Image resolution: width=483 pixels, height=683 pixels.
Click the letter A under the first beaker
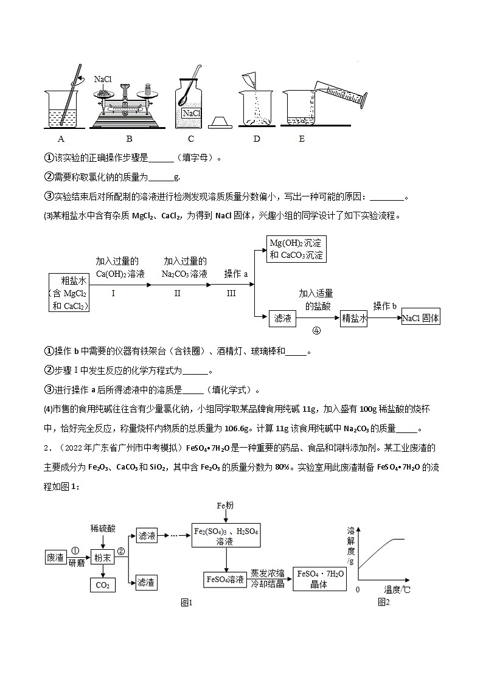(61, 139)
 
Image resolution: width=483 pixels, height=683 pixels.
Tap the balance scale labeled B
(128, 106)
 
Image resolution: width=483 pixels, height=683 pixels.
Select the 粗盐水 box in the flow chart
(69, 292)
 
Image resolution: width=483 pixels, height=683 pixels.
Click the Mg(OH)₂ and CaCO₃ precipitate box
(297, 249)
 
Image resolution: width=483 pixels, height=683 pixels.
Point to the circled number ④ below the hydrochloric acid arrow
(316, 331)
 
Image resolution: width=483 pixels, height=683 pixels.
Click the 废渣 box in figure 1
(56, 557)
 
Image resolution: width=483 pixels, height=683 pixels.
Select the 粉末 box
(102, 557)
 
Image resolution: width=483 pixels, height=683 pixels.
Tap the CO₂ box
(102, 585)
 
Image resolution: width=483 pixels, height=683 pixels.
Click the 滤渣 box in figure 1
(147, 582)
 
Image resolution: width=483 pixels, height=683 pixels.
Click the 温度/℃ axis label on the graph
(397, 589)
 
